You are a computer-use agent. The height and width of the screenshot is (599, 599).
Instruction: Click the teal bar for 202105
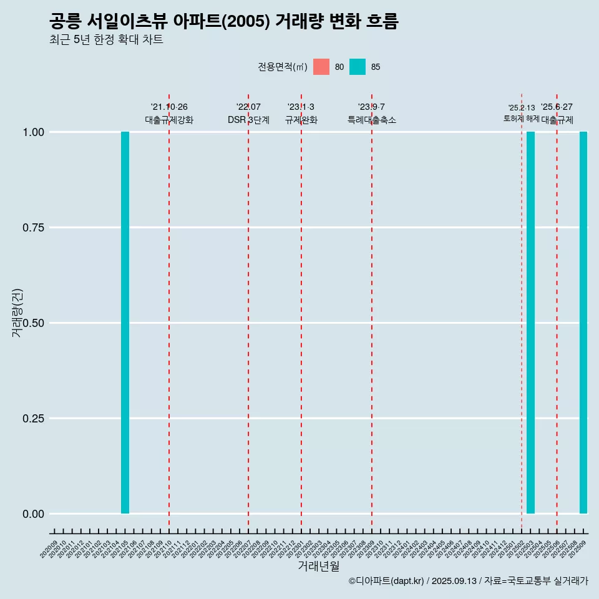click(125, 323)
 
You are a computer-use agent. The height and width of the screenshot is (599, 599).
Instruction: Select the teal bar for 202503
click(530, 323)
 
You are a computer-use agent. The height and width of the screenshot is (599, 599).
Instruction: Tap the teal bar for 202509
click(583, 323)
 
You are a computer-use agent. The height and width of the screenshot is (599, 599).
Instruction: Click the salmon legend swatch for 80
click(321, 67)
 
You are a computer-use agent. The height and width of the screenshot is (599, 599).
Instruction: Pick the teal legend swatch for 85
click(358, 67)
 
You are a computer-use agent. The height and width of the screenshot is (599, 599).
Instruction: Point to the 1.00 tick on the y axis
click(32, 132)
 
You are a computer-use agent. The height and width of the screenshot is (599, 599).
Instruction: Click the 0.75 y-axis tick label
click(32, 228)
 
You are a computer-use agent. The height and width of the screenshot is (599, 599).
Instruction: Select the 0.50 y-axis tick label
click(32, 323)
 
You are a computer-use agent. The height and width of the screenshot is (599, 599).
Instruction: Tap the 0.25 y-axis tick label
click(32, 419)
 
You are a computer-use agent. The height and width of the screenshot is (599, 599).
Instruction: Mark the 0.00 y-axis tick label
click(32, 514)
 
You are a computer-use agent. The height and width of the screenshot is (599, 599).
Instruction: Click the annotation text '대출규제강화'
click(169, 120)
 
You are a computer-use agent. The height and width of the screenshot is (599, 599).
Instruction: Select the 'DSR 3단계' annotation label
click(248, 120)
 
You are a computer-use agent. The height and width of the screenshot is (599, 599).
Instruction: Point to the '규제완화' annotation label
click(301, 120)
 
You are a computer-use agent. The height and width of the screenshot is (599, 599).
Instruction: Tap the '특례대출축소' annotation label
click(372, 120)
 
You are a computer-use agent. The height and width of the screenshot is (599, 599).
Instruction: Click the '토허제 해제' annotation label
click(522, 119)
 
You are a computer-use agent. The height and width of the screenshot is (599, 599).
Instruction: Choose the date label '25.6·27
click(557, 107)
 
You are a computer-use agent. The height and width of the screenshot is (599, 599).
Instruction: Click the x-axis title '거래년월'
click(319, 567)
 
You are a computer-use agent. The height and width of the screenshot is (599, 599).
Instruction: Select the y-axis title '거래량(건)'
click(17, 312)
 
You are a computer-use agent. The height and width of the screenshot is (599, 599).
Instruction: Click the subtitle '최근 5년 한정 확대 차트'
click(106, 40)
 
